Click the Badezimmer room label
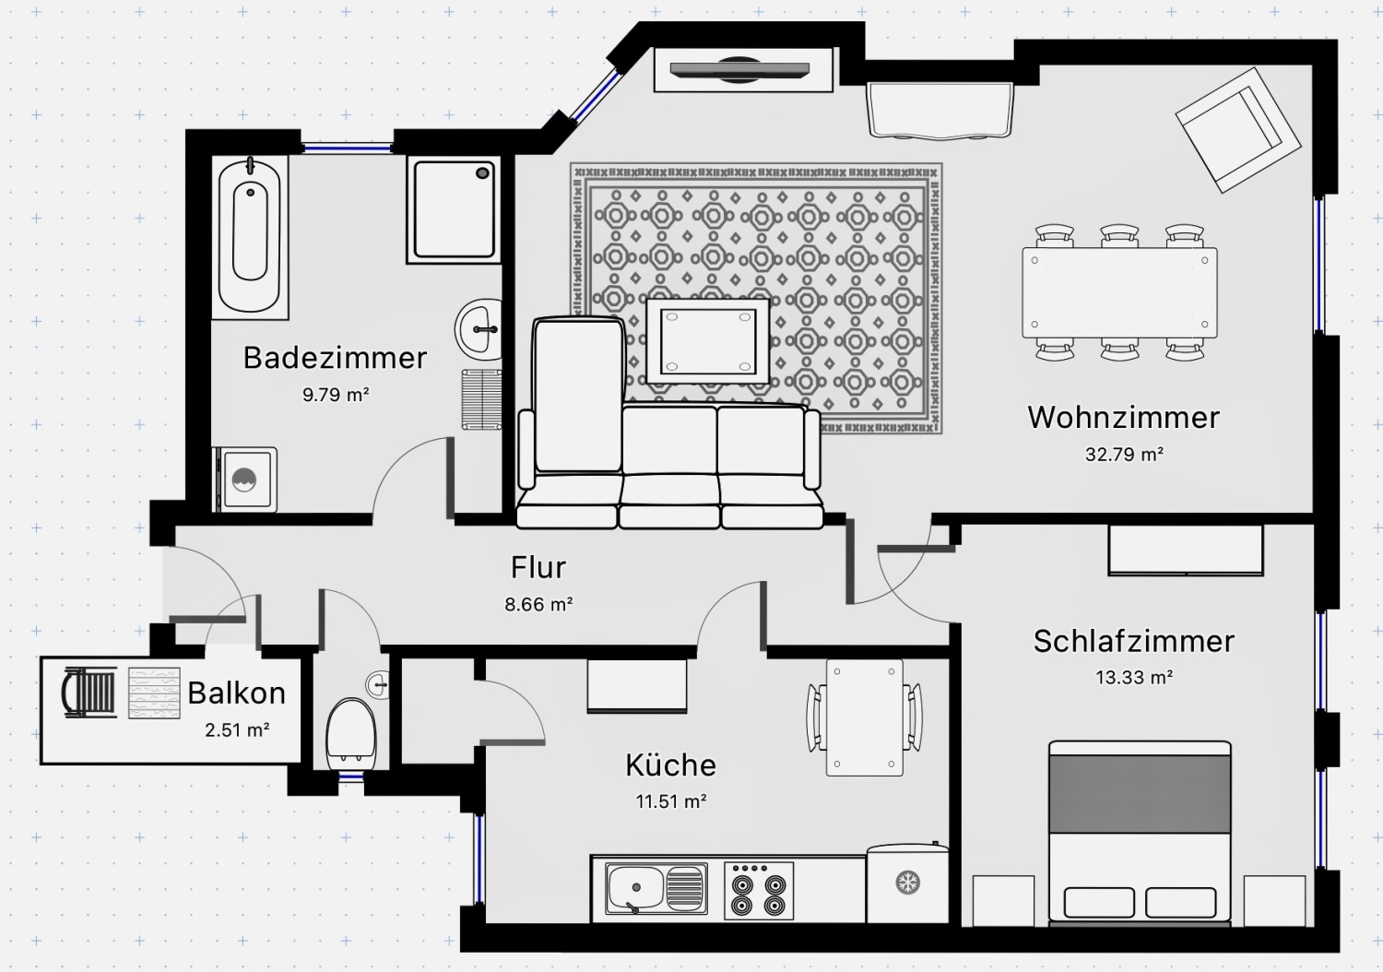[335, 358]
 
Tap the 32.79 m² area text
[1124, 454]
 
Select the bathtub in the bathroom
[250, 236]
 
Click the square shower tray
[454, 209]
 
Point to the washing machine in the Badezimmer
[245, 480]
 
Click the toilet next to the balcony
[350, 734]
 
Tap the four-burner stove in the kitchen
[758, 891]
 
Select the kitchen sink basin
[656, 889]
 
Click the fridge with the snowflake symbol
[907, 883]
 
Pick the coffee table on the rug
[707, 341]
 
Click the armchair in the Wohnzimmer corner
[1238, 130]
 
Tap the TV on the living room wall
[739, 69]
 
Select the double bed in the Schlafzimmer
[1140, 833]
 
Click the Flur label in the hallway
[538, 567]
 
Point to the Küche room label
[670, 765]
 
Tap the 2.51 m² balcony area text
[237, 730]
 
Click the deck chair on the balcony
[89, 693]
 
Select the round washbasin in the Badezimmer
[479, 330]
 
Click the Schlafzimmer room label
[1133, 641]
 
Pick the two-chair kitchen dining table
[865, 717]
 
